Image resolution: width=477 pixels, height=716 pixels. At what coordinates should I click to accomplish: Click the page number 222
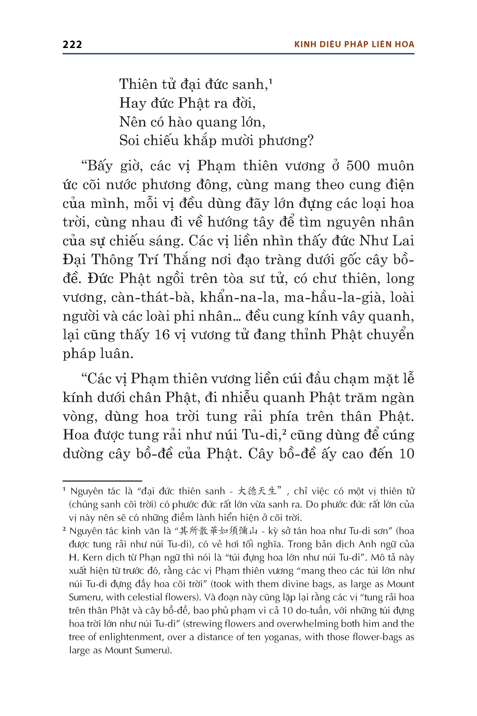[x=72, y=45]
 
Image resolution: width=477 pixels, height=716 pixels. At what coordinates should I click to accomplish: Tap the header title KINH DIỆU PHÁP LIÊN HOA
[x=354, y=45]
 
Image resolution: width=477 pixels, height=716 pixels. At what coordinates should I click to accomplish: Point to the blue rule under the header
[x=238, y=54]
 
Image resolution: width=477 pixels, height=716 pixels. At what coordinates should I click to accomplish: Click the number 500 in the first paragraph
[x=358, y=166]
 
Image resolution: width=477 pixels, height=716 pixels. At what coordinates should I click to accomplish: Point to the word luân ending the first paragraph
[x=117, y=354]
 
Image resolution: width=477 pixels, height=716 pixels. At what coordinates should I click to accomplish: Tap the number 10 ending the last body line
[x=407, y=454]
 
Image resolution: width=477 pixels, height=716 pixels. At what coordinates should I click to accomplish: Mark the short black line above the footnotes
[x=102, y=481]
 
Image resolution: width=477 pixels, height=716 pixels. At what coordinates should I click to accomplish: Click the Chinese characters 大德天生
[x=257, y=491]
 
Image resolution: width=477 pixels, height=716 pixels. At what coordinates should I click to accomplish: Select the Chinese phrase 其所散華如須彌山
[x=218, y=531]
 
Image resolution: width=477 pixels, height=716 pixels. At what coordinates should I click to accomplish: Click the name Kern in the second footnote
[x=93, y=557]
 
